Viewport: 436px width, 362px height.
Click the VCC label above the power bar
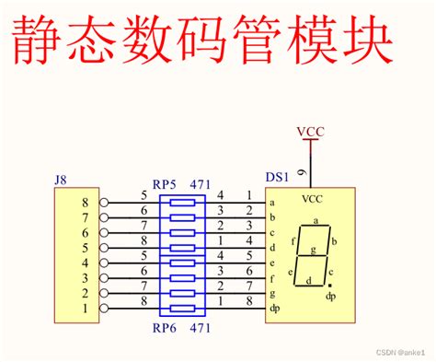[x=311, y=132]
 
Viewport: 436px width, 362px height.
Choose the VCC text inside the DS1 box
[x=314, y=197]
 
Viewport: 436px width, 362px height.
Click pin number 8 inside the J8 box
[x=86, y=203]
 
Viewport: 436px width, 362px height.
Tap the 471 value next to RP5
[x=201, y=183]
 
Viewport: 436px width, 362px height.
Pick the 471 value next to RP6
[x=201, y=327]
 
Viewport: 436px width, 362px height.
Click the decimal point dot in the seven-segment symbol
[x=330, y=285]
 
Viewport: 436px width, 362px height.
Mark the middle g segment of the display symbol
[x=314, y=249]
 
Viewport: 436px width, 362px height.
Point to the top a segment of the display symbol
[x=316, y=221]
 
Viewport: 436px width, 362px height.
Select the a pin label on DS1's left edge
[x=273, y=203]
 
